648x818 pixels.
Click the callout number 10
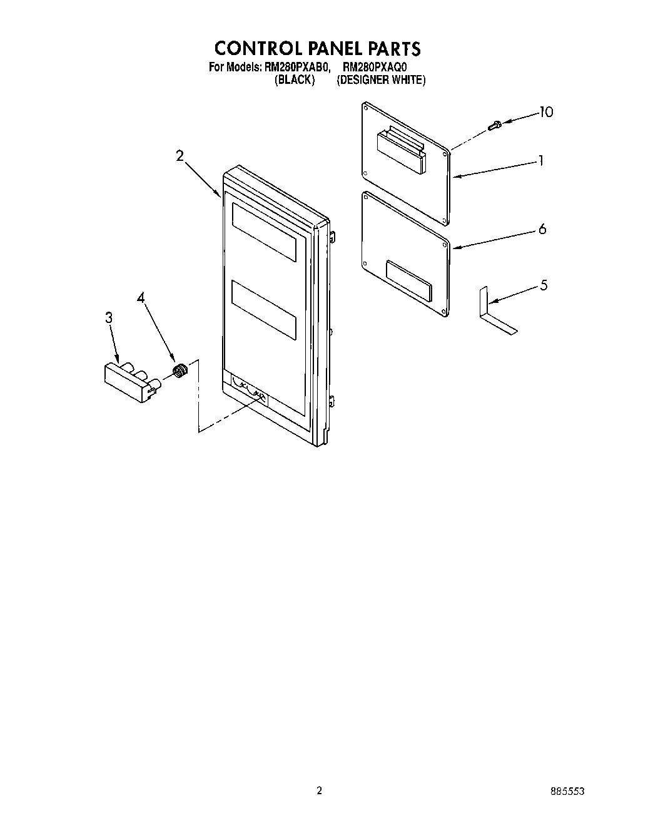546,113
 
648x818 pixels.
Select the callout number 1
540,161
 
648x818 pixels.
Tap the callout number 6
542,229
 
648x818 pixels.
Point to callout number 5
544,285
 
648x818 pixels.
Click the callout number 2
180,156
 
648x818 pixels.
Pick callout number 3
109,318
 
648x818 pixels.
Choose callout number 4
141,299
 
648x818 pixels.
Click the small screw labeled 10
495,126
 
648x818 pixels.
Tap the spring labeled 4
180,371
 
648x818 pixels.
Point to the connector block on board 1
401,149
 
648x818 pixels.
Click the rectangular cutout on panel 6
408,280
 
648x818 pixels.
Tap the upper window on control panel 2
263,232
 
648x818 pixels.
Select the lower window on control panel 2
263,310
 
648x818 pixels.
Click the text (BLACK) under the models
295,80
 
